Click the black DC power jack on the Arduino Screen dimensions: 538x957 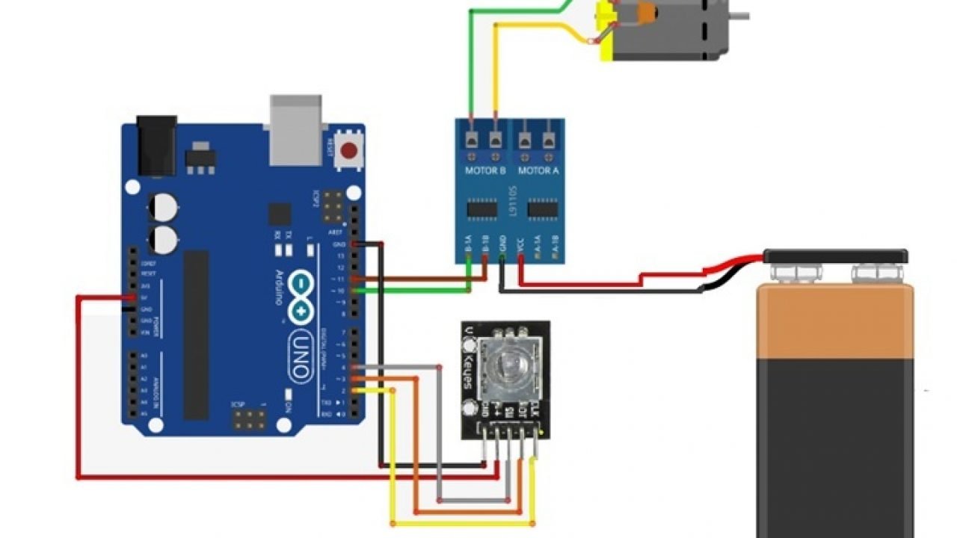[x=156, y=145]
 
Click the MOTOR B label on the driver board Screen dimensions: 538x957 [x=485, y=171]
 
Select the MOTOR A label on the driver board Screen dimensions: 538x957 [x=538, y=171]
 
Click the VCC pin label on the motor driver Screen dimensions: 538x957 [x=520, y=246]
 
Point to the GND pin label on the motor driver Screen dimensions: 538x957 [x=502, y=246]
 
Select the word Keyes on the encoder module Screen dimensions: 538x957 [x=468, y=371]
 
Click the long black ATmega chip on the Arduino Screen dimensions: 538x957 [x=197, y=334]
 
